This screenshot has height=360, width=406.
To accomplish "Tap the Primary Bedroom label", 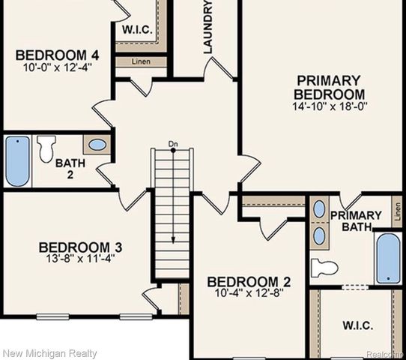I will [329, 87].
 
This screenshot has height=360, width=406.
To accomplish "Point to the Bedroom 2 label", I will [249, 282].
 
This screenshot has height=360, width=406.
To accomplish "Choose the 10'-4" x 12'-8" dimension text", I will [249, 294].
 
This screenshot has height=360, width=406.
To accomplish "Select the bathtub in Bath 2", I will [17, 160].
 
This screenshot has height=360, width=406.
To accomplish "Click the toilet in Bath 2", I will [46, 148].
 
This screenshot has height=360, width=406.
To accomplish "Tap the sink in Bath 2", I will [97, 144].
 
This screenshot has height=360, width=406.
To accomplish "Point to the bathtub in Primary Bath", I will [388, 259].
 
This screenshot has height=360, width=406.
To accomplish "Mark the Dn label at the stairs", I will [173, 143].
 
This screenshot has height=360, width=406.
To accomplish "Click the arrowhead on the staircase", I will [173, 241].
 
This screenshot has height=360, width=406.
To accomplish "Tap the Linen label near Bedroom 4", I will [140, 61].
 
